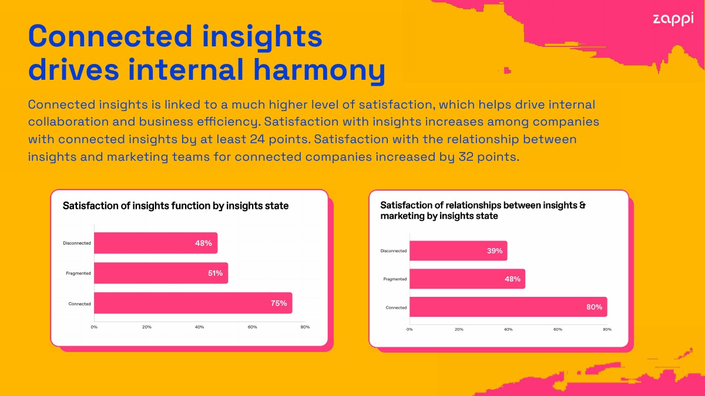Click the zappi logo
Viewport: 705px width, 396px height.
[673, 19]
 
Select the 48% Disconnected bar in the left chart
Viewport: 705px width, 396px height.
[156, 243]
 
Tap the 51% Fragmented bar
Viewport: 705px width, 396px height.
[161, 273]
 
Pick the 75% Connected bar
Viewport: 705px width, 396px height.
[193, 303]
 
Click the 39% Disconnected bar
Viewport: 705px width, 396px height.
[458, 251]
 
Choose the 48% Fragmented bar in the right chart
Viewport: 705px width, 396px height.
[468, 279]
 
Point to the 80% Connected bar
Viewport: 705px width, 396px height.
[508, 307]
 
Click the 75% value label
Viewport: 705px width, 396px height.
[279, 303]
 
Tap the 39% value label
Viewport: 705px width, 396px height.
[495, 251]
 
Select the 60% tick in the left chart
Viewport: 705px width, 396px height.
[253, 327]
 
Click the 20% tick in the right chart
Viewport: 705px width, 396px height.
[459, 329]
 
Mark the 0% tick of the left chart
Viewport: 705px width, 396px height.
[94, 327]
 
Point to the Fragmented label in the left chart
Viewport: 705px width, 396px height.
[78, 273]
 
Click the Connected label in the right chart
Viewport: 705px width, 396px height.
[396, 307]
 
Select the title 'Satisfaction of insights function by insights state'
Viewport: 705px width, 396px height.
[176, 206]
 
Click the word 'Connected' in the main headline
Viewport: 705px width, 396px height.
[110, 36]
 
